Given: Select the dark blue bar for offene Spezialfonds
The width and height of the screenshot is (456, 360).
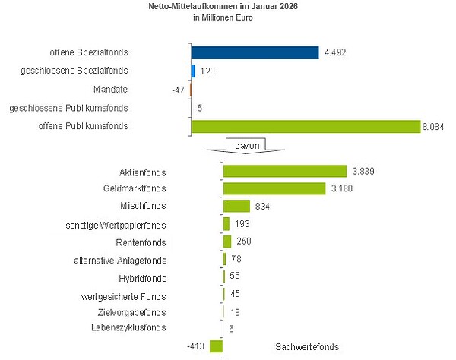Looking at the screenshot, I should click(x=255, y=52).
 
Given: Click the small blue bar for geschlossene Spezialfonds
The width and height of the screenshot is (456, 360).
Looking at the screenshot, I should click(x=193, y=71).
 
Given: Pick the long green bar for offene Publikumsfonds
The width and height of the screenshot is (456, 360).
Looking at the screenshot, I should click(x=306, y=126).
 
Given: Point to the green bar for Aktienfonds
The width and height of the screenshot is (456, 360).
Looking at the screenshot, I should click(x=283, y=172).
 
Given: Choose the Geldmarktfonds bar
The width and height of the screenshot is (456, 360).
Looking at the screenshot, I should click(x=274, y=188).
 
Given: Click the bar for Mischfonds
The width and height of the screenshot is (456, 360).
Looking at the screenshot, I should click(x=236, y=206).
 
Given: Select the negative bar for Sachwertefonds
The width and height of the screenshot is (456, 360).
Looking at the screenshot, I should click(x=216, y=346).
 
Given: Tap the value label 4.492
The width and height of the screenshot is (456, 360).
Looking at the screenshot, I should click(x=335, y=53).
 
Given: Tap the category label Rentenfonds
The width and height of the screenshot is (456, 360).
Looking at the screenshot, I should click(x=143, y=242).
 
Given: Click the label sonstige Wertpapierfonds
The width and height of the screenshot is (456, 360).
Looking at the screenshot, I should click(x=117, y=225).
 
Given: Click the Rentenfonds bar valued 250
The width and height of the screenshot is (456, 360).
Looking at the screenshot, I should click(x=227, y=242).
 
